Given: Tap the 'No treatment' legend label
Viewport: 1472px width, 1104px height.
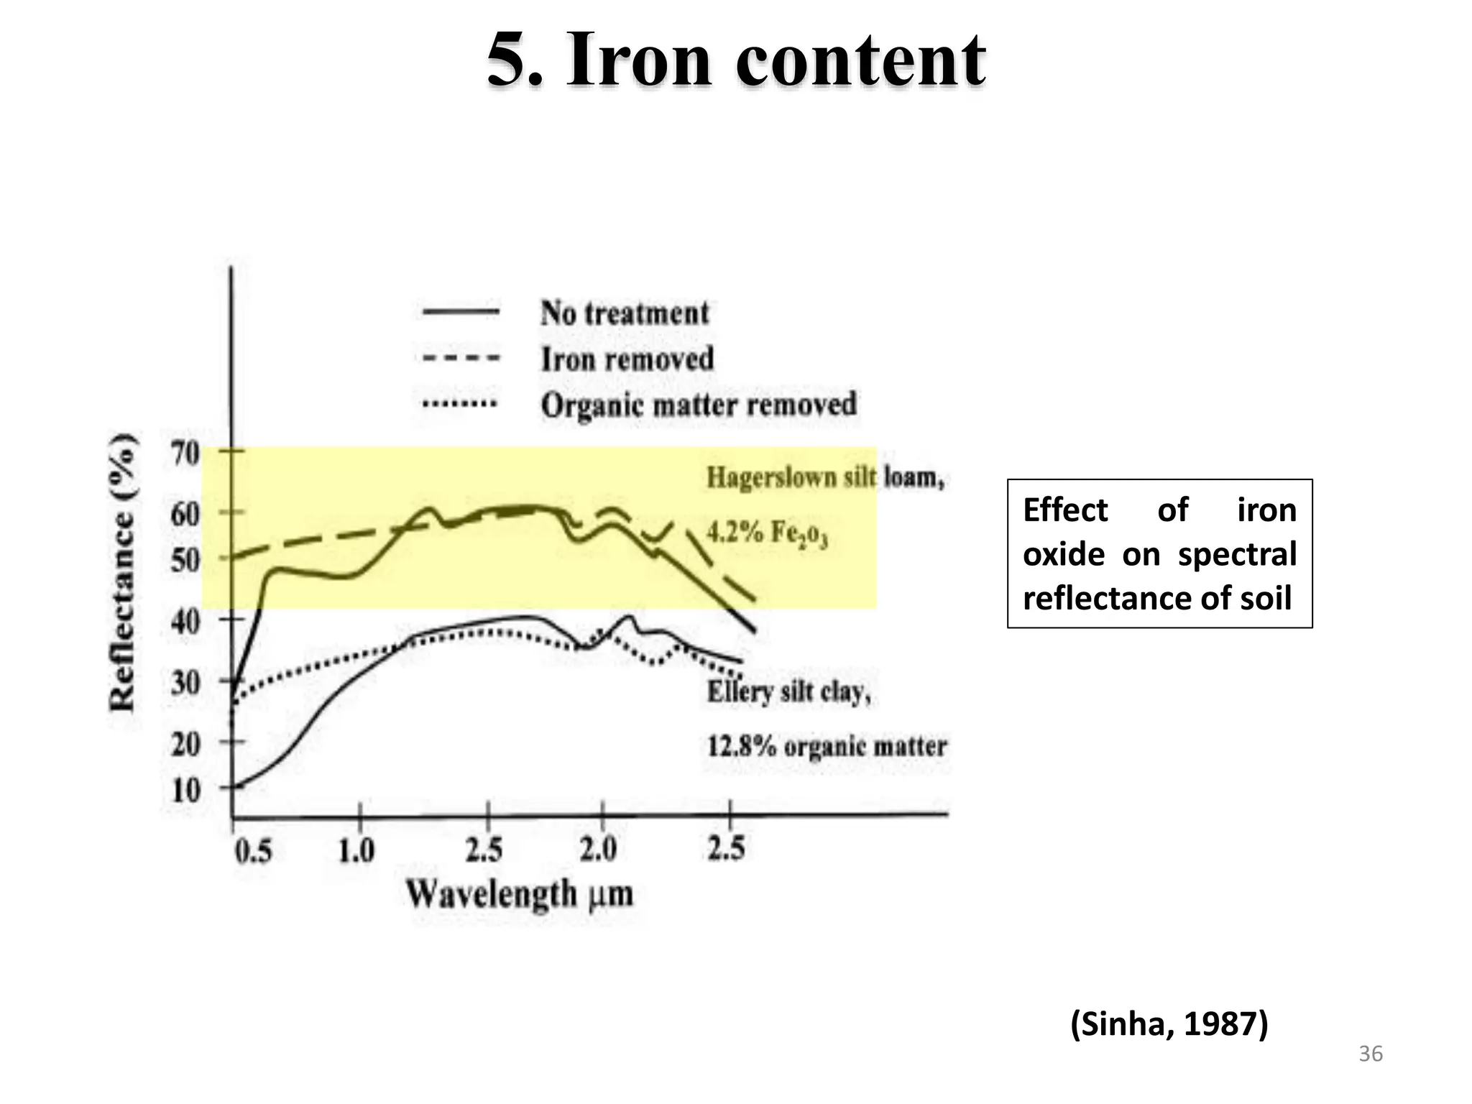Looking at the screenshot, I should tap(625, 313).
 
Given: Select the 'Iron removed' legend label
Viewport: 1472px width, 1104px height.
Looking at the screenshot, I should tap(627, 359).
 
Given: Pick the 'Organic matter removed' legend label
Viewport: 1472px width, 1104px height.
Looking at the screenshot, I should tap(699, 405).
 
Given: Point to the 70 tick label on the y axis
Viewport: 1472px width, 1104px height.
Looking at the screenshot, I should tap(185, 454).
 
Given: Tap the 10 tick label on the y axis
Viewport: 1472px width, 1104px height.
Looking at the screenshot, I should tap(185, 791).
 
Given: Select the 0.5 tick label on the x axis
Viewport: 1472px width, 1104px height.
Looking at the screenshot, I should tap(254, 852).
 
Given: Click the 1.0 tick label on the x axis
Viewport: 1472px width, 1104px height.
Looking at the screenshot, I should tap(356, 852).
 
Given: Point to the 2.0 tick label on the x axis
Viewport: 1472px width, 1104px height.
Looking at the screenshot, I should tap(599, 850).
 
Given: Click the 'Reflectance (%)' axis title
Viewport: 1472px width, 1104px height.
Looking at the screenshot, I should tap(124, 572).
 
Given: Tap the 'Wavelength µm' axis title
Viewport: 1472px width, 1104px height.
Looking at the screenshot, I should tap(520, 895).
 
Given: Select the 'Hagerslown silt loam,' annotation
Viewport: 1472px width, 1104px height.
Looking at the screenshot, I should tap(824, 478).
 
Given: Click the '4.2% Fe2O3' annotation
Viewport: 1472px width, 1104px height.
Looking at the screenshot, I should tap(767, 533).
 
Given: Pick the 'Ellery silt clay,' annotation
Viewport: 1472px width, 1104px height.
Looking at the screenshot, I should tap(788, 692).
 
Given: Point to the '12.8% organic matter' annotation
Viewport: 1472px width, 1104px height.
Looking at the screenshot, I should tap(827, 746).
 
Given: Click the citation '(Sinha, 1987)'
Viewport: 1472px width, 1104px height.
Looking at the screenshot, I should tap(1169, 1023).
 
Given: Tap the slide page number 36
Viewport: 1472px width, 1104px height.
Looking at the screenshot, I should tap(1371, 1054).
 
